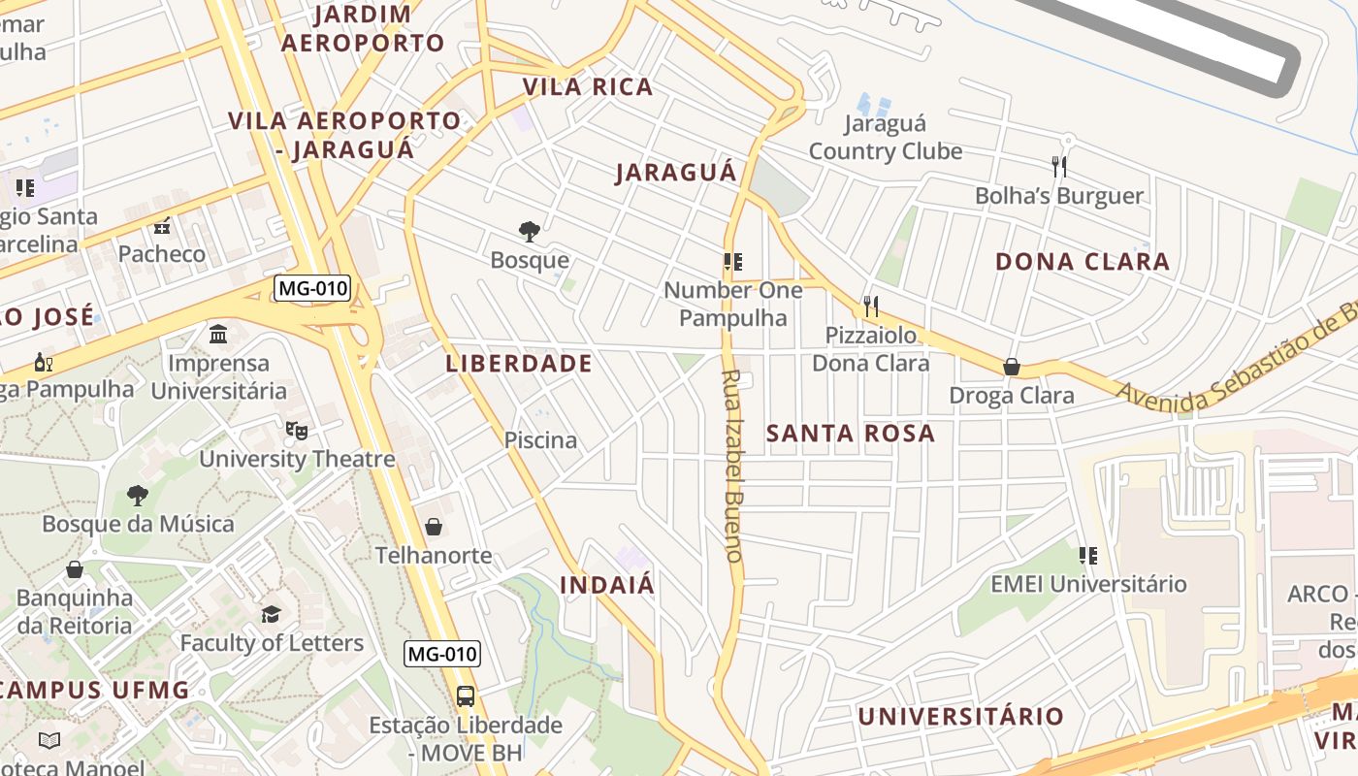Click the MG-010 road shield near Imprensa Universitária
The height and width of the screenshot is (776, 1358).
tap(312, 288)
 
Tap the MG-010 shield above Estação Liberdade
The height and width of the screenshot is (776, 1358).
tap(442, 654)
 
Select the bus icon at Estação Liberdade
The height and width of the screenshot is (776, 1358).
tap(466, 695)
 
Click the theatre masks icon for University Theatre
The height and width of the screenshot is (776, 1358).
tap(297, 430)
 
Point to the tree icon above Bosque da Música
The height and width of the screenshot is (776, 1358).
tap(137, 495)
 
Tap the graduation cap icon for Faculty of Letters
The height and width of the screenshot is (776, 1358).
tap(271, 614)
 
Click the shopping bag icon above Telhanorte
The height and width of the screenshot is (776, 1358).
tap(434, 527)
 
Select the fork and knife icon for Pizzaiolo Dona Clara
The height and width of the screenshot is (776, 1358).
tap(871, 307)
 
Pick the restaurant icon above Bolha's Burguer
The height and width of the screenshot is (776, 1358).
tap(1059, 167)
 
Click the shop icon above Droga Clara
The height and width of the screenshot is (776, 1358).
tap(1012, 367)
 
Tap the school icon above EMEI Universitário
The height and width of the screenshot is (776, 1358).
tap(1088, 556)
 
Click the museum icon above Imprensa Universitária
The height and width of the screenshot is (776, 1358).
tap(218, 335)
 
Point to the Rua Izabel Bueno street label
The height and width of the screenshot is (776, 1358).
tap(732, 466)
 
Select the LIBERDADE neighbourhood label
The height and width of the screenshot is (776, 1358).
tap(519, 364)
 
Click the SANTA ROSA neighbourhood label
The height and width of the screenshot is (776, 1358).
tap(851, 434)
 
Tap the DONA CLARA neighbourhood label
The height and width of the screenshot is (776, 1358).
tap(1083, 262)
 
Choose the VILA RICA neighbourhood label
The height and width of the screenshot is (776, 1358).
tap(588, 87)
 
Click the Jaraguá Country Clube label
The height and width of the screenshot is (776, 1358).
tap(886, 138)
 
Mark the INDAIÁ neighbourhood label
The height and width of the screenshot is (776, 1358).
tap(607, 586)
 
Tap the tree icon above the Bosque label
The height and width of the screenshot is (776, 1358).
tap(530, 231)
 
